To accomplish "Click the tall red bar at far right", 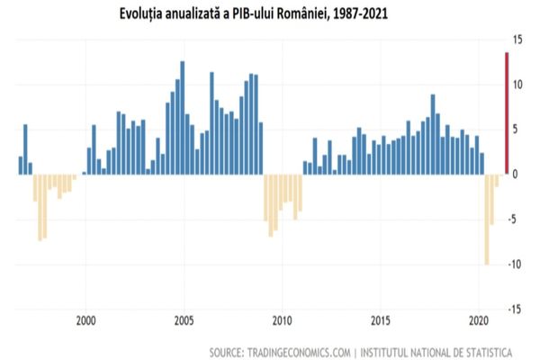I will [x=508, y=113].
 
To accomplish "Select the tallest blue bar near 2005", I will [x=183, y=117].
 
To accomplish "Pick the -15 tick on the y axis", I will [x=517, y=309].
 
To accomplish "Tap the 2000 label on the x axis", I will [x=86, y=320].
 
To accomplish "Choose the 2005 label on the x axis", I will [x=184, y=320].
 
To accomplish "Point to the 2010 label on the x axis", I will [x=283, y=320].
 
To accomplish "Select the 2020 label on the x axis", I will [x=479, y=320].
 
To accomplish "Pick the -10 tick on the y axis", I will [x=517, y=264].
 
